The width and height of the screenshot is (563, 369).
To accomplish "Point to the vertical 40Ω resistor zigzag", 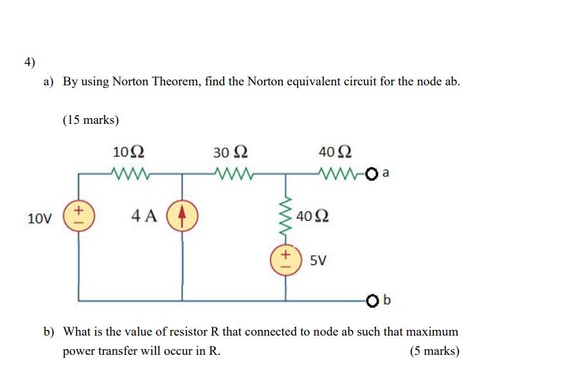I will pyautogui.click(x=286, y=215).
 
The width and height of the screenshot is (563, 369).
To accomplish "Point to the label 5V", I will pyautogui.click(x=318, y=261).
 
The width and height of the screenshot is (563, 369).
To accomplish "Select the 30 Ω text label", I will pyautogui.click(x=230, y=152).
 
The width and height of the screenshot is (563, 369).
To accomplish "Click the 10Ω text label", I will pyautogui.click(x=129, y=152).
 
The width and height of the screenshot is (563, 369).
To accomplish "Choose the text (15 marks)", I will pyautogui.click(x=91, y=119).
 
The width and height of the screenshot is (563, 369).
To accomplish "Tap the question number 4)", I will pyautogui.click(x=30, y=62).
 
